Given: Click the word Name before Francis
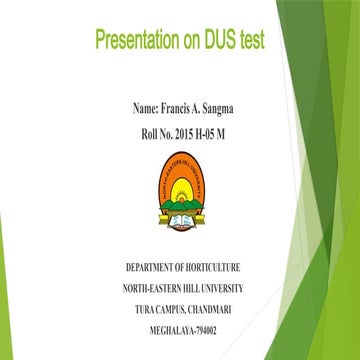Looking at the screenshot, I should [x=144, y=106].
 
